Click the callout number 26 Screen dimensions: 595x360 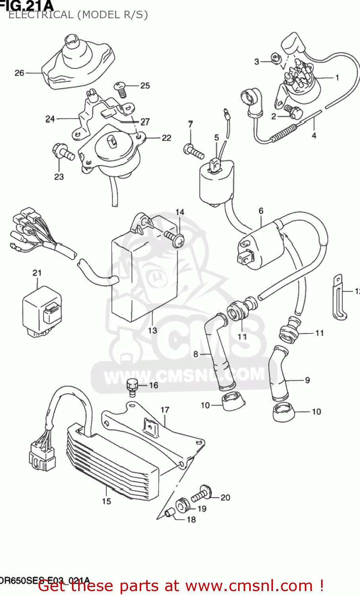pos(19,73)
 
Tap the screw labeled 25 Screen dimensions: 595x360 pos(121,88)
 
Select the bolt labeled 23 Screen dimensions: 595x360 pos(63,152)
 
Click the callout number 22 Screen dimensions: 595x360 pos(166,138)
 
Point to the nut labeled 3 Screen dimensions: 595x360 pos(275,59)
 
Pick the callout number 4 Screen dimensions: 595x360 pos(314,135)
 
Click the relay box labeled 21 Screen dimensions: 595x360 pos(41,312)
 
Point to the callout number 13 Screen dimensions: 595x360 pos(153,330)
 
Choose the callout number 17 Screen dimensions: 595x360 pos(165,410)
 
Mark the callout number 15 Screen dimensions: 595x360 pos(106,501)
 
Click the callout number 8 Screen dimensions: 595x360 pos(195,353)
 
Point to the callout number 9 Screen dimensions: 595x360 pos(307,380)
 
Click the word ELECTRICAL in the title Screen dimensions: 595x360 pos(41,15)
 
